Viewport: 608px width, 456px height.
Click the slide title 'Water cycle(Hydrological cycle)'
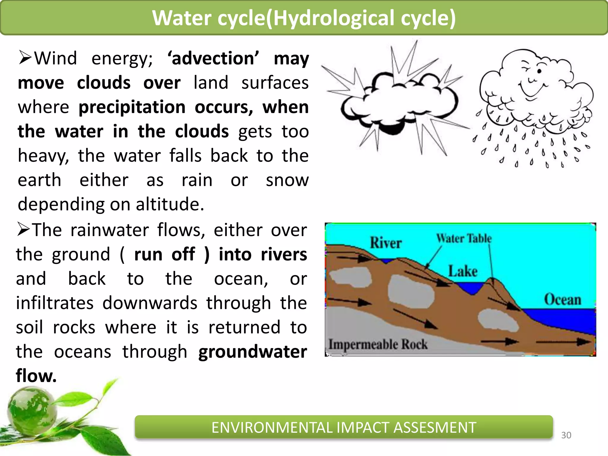tap(304, 18)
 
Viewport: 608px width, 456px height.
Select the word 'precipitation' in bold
tap(132, 107)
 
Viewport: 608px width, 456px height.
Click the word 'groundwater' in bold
tap(252, 352)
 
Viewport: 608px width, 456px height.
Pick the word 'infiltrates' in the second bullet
tap(55, 303)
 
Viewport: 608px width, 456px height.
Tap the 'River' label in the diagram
tap(386, 243)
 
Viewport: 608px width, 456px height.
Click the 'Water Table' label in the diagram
tap(464, 238)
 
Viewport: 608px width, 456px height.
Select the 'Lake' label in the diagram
tap(463, 271)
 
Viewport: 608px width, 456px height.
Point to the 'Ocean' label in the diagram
tap(562, 300)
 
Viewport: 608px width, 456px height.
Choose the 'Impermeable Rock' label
tap(378, 344)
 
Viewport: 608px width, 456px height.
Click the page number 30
tap(566, 435)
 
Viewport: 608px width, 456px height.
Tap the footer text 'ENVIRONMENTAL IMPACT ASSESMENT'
tap(343, 427)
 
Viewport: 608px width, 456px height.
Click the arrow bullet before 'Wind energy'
tap(25, 58)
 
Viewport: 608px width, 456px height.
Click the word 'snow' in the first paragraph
tap(287, 180)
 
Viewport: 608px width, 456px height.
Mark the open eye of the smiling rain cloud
tap(539, 71)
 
